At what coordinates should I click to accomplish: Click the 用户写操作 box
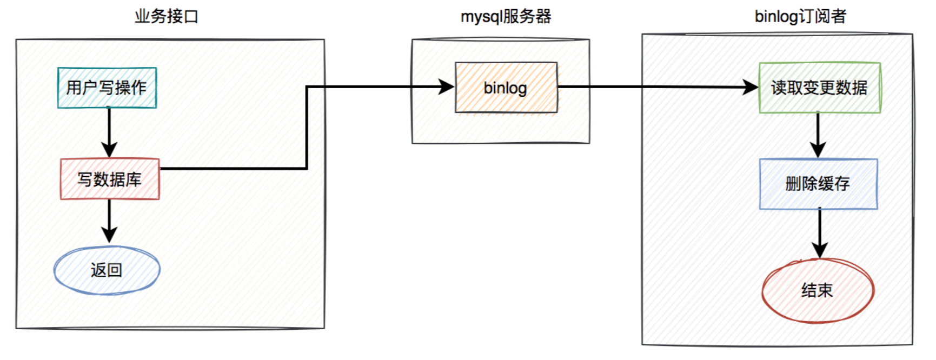(x=107, y=88)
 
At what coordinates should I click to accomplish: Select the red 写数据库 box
(x=110, y=179)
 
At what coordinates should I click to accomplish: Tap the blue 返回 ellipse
(x=107, y=270)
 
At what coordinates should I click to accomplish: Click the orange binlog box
(x=506, y=88)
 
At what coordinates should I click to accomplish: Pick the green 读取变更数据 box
(x=819, y=88)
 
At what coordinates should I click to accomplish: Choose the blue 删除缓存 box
(x=818, y=184)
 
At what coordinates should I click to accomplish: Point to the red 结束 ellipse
(x=818, y=291)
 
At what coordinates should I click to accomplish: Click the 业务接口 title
(x=167, y=16)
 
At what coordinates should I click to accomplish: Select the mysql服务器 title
(x=506, y=16)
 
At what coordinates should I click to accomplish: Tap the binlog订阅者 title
(x=800, y=16)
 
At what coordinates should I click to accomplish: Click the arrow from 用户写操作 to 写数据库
(x=109, y=132)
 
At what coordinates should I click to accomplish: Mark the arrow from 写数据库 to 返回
(x=109, y=222)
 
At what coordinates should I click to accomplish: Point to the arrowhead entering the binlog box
(x=447, y=86)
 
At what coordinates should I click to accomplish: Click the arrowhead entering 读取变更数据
(x=751, y=87)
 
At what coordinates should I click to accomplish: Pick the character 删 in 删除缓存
(x=793, y=184)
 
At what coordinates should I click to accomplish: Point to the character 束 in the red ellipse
(x=825, y=291)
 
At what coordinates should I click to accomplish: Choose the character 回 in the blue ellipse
(x=115, y=270)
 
